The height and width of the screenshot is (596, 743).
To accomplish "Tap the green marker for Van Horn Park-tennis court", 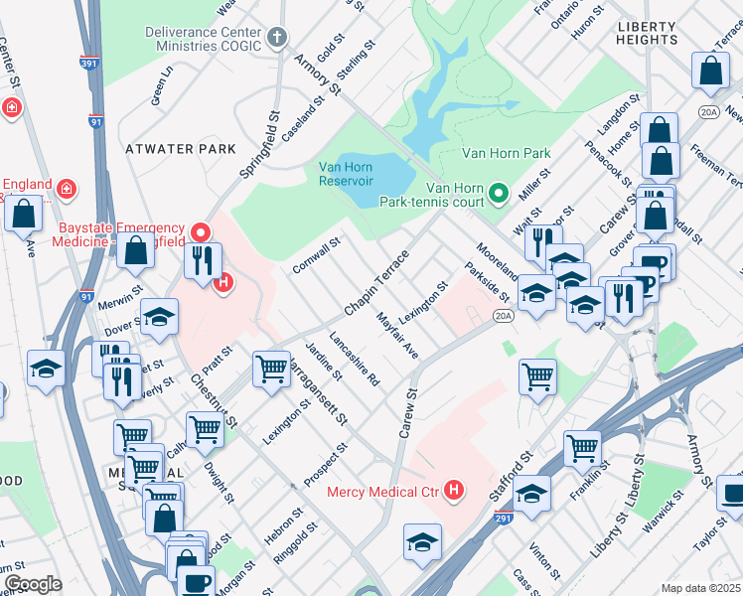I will coord(501,192).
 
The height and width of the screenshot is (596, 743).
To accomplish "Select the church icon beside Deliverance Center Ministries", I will coord(276,39).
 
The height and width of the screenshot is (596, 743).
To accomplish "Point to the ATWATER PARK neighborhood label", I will coord(181,149).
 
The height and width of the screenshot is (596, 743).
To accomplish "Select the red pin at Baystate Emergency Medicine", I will coord(200,233).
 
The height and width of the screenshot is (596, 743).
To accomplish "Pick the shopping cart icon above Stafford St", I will coord(537,374).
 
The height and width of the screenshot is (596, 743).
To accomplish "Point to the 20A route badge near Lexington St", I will coord(504,316).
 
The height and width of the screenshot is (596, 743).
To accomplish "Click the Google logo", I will coord(34,583).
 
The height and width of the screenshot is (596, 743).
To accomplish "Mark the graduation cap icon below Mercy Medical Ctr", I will coord(422,541).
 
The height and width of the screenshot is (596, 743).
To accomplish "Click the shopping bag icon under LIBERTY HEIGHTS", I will coord(711,70).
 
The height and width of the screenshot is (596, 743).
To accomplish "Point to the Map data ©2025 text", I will coord(700,588).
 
